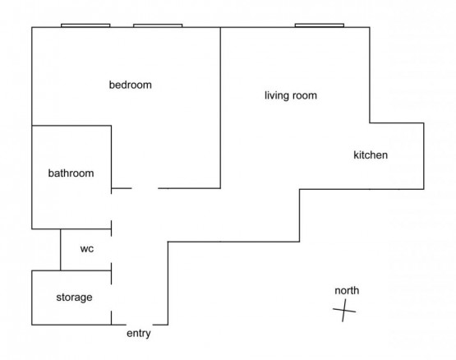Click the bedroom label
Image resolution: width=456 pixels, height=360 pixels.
click(131, 85)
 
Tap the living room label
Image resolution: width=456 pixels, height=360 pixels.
click(291, 95)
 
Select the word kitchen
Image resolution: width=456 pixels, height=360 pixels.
click(371, 155)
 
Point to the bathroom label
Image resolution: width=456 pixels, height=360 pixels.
click(71, 173)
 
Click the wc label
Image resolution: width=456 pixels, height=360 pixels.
click(87, 249)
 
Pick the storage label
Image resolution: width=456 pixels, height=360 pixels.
click(74, 298)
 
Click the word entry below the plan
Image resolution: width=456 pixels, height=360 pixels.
click(139, 334)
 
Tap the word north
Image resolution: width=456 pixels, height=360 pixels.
click(347, 290)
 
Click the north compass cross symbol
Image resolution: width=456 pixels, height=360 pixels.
click(344, 310)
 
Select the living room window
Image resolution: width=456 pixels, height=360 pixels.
click(320, 25)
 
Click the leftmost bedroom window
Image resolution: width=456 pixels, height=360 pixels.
click(85, 25)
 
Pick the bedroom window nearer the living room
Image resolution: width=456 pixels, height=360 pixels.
click(158, 25)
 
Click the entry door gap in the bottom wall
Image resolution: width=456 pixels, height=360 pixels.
click(140, 325)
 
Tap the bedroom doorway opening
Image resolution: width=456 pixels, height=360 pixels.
click(145, 188)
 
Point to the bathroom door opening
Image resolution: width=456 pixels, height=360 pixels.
click(112, 207)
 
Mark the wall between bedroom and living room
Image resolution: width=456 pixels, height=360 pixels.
click(220, 108)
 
